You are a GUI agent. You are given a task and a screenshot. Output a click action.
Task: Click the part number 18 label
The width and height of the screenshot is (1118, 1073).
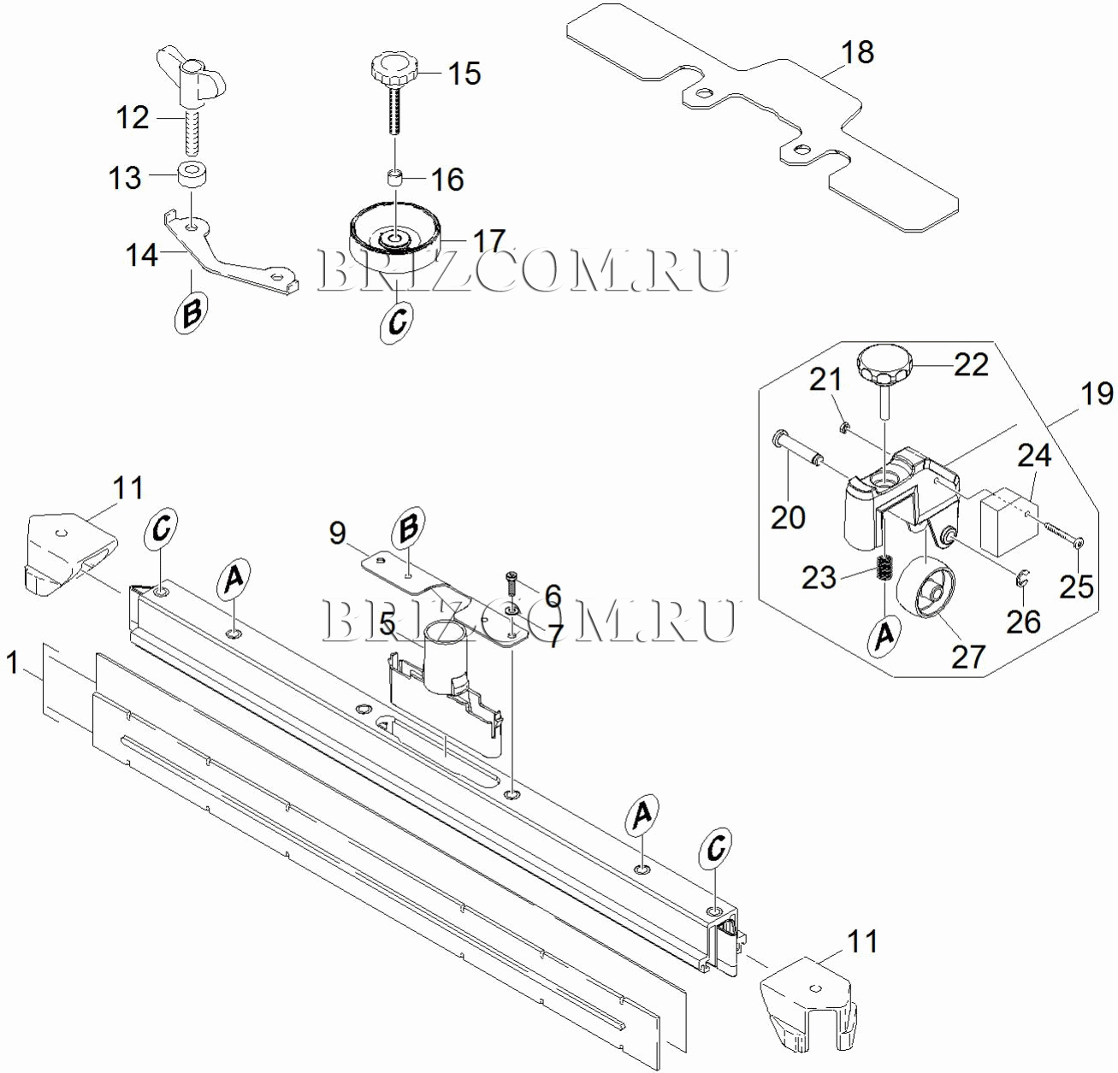coord(857,52)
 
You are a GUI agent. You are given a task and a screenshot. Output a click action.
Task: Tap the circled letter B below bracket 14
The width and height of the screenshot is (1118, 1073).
coord(191,312)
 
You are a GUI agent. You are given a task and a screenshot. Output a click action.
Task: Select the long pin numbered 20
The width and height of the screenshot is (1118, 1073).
coord(797,450)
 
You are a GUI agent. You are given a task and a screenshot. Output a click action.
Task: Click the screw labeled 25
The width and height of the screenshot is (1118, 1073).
coord(1062,536)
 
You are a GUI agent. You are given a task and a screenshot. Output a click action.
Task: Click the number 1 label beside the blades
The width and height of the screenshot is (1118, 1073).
coord(11,663)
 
